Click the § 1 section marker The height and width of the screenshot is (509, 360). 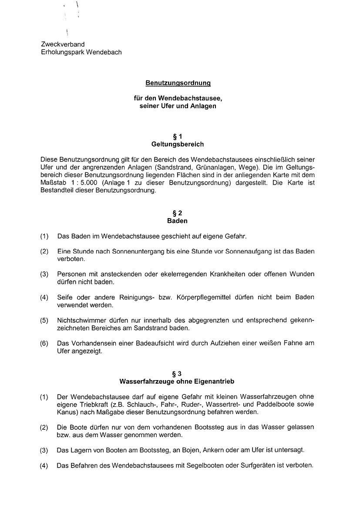(178, 136)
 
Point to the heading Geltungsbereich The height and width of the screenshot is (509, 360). (178, 144)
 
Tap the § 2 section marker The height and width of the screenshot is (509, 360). (178, 213)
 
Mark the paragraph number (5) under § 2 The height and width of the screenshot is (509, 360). (44, 320)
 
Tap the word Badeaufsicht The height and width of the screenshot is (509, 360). (150, 343)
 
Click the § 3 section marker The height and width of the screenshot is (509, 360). (177, 374)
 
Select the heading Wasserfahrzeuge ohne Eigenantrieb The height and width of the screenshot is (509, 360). (177, 381)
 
